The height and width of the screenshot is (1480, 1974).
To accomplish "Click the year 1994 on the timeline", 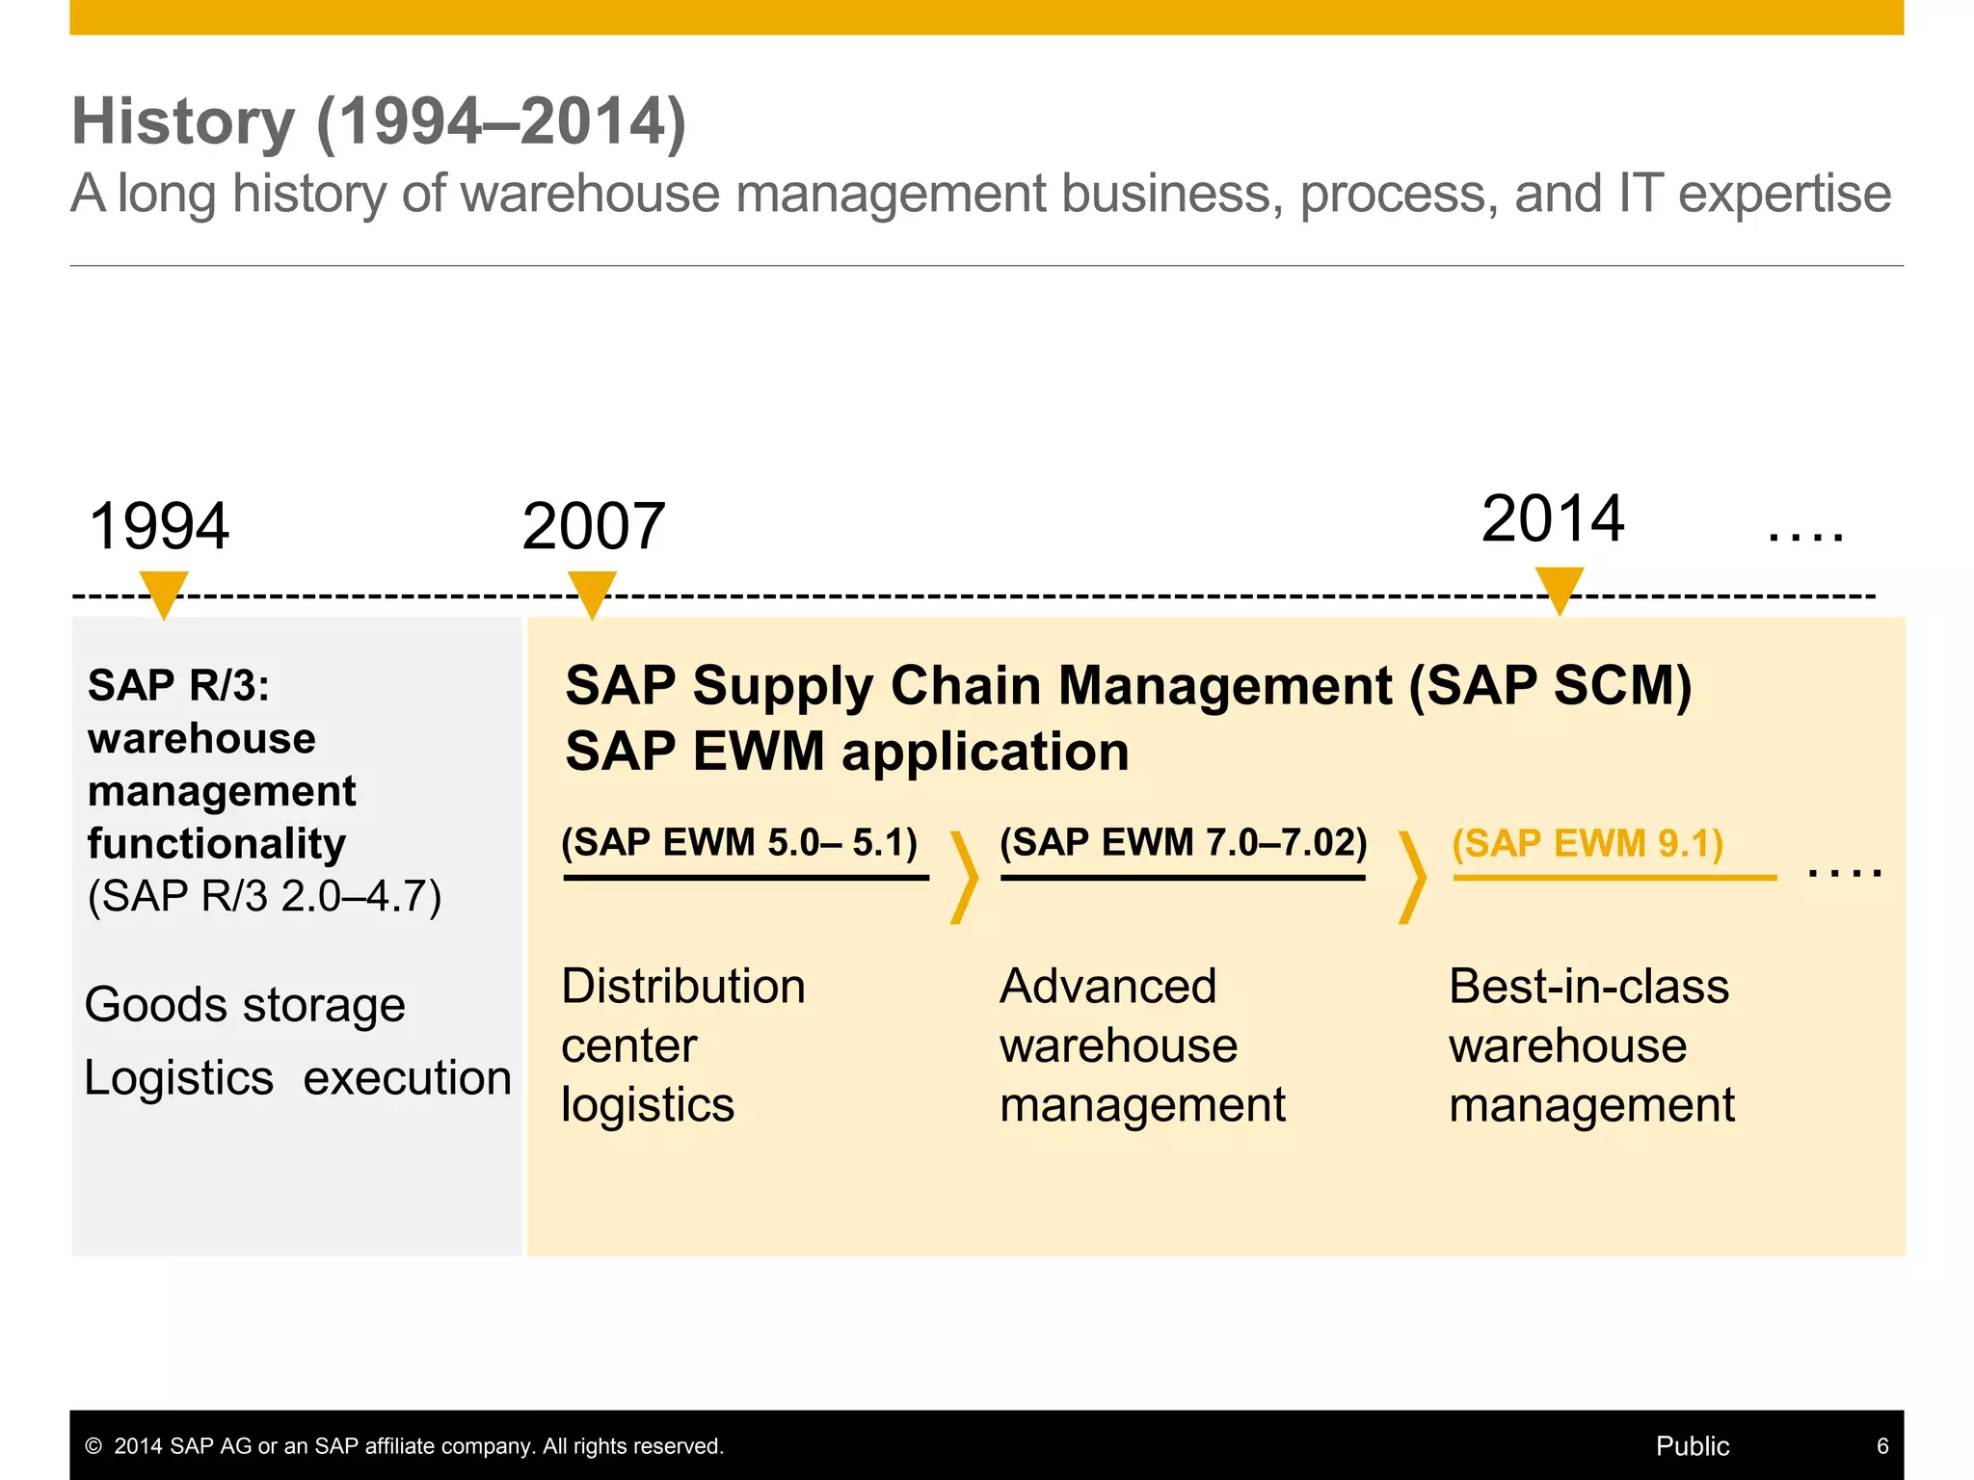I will click(159, 526).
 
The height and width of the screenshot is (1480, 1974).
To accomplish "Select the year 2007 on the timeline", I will click(593, 526).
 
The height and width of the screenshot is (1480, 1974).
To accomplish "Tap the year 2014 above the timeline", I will click(1552, 518).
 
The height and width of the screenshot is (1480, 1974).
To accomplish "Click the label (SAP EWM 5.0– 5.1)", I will click(739, 842).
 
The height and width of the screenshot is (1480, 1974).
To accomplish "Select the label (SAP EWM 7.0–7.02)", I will click(1183, 842).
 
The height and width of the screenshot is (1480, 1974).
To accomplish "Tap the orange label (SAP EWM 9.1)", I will click(1587, 843).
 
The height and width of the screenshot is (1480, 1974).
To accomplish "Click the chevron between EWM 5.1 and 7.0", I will click(964, 877).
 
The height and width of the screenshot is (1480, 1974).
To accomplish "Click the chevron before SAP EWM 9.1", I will click(1412, 877).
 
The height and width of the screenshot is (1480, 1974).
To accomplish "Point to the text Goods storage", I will click(245, 1005).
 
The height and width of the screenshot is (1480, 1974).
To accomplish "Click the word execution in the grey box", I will click(407, 1077).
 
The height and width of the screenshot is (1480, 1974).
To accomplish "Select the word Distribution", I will click(683, 987).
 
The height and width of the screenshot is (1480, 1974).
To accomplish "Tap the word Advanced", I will click(1108, 987).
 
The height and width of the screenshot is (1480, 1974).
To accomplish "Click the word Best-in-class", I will click(1588, 987).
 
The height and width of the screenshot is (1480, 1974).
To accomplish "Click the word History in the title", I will click(183, 121).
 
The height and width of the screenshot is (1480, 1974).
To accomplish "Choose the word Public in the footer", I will click(1692, 1445).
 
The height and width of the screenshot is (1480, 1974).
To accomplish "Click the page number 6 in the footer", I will click(1881, 1445).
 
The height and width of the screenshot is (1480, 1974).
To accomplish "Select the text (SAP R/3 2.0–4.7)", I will click(264, 896).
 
